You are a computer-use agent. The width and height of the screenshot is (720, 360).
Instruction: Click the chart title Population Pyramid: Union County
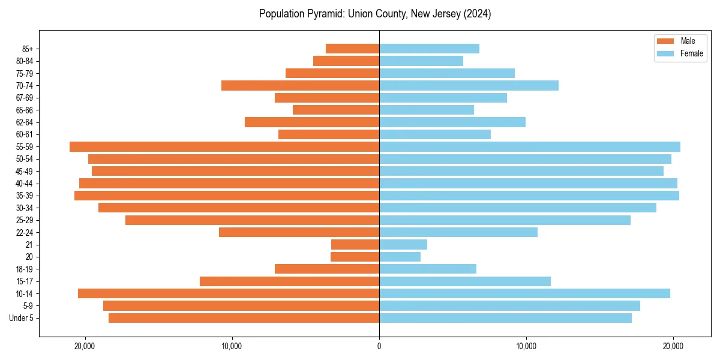pyautogui.click(x=375, y=14)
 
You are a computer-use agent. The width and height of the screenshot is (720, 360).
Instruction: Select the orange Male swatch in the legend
pyautogui.click(x=665, y=41)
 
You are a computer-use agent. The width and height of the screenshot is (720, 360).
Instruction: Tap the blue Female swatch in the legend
pyautogui.click(x=665, y=53)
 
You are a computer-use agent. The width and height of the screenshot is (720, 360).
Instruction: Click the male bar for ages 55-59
pyautogui.click(x=224, y=147)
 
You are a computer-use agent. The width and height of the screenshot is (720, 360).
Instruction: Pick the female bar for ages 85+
pyautogui.click(x=429, y=49)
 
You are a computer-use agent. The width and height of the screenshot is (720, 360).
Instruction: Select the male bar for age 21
pyautogui.click(x=355, y=245)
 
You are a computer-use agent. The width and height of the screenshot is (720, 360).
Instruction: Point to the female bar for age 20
pyautogui.click(x=400, y=257)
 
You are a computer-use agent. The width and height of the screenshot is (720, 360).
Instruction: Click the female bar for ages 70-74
pyautogui.click(x=469, y=86)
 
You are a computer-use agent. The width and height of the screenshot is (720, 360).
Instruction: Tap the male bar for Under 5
pyautogui.click(x=244, y=318)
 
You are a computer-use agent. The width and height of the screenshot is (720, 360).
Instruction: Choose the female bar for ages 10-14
pyautogui.click(x=524, y=293)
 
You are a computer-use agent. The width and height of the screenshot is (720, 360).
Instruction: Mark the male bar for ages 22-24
pyautogui.click(x=299, y=232)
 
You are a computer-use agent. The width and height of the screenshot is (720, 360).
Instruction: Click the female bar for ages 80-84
pyautogui.click(x=421, y=61)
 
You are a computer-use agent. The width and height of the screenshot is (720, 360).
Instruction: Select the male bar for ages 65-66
pyautogui.click(x=336, y=110)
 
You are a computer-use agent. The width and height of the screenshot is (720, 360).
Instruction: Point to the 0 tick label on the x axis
pyautogui.click(x=379, y=346)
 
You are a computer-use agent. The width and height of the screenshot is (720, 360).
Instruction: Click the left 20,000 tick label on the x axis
pyautogui.click(x=85, y=346)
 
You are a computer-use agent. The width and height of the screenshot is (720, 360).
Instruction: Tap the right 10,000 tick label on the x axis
pyautogui.click(x=526, y=346)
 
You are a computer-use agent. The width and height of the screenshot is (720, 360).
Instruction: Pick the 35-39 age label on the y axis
pyautogui.click(x=25, y=196)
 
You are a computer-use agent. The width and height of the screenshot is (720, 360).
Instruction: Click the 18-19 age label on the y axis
pyautogui.click(x=25, y=269)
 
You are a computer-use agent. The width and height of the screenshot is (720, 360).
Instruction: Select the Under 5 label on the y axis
pyautogui.click(x=22, y=318)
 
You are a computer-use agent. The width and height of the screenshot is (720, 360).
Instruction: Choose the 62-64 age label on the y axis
pyautogui.click(x=25, y=122)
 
